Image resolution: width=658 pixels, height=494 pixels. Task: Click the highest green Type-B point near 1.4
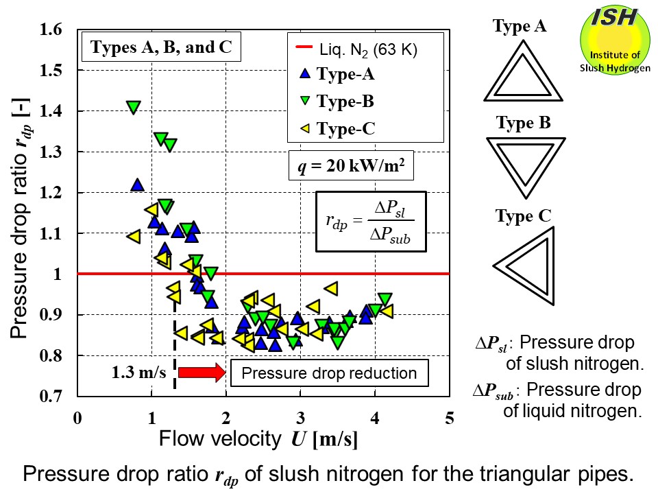tap(134, 107)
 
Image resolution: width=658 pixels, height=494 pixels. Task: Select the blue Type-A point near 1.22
tap(137, 185)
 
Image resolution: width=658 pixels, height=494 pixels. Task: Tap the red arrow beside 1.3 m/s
tap(201, 373)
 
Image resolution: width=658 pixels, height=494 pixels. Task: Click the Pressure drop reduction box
tap(329, 373)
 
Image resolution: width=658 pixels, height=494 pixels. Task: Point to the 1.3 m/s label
tap(141, 373)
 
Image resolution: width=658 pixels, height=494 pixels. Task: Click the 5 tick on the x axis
tap(450, 418)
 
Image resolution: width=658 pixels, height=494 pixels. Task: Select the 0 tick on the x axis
tap(77, 418)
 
